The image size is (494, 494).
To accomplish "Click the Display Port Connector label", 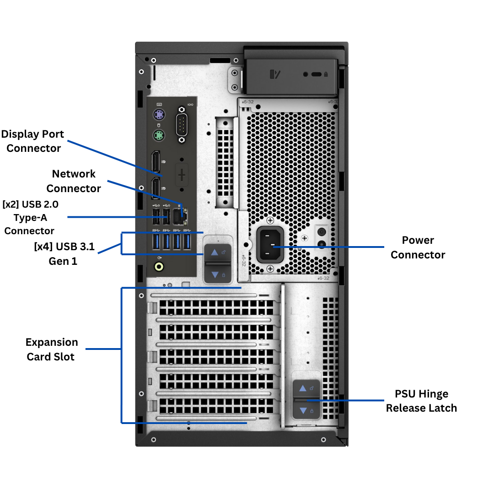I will (x=33, y=141).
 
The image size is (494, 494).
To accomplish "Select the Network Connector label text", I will (x=74, y=181).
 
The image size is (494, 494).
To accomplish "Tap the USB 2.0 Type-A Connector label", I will (x=30, y=217).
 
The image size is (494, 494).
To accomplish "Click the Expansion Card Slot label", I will (x=51, y=349).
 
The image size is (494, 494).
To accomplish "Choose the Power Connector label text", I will (x=418, y=247).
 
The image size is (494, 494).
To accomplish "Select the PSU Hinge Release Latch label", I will (x=421, y=401).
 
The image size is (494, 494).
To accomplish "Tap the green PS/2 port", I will (x=159, y=135).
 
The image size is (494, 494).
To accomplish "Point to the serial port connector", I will (x=182, y=124).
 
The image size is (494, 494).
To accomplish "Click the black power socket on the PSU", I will (x=270, y=245).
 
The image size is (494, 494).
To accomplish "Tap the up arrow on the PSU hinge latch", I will (x=303, y=388).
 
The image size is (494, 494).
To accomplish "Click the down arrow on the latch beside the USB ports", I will (x=215, y=274).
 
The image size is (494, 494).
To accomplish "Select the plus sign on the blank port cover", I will (x=182, y=174).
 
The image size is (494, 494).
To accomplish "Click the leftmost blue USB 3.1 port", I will (x=156, y=242).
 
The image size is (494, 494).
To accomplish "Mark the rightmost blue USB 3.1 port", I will (x=187, y=242).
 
